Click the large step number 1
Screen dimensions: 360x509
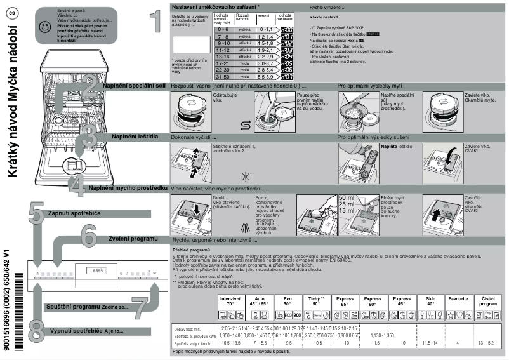coord(155,22)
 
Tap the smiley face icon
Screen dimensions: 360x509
coord(44,27)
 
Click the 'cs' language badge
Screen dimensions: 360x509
coord(11,11)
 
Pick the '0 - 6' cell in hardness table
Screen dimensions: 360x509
coord(223,30)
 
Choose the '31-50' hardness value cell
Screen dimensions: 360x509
coord(223,76)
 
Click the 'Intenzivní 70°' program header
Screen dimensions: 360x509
coord(230,301)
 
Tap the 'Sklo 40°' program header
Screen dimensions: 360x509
coord(431,301)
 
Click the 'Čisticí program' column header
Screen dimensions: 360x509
coord(488,301)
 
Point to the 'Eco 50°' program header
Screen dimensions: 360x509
coord(288,301)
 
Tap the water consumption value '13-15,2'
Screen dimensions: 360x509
coord(488,343)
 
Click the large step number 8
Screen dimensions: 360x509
coord(36,331)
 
